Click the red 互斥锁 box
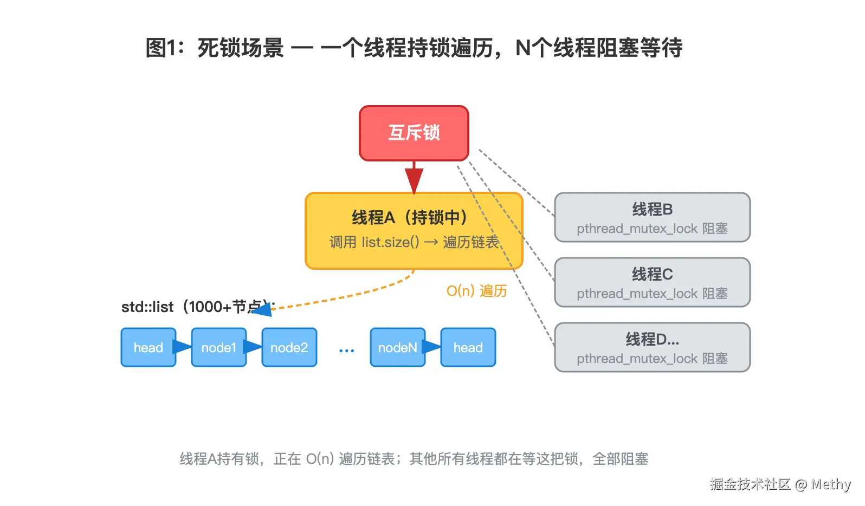click(414, 133)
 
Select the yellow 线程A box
click(414, 231)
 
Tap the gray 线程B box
click(652, 217)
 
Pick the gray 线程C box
click(652, 282)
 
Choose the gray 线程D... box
click(652, 347)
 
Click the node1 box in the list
click(219, 347)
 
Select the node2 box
click(289, 347)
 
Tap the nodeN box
click(398, 347)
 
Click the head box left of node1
click(149, 347)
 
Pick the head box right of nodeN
click(468, 347)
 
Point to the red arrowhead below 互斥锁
click(414, 180)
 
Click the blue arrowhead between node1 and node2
click(253, 347)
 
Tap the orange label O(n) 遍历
click(476, 290)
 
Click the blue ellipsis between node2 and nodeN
click(346, 351)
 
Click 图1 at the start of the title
click(162, 48)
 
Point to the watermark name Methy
click(831, 484)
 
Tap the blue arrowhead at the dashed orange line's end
click(262, 309)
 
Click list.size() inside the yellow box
click(390, 242)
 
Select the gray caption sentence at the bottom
click(414, 459)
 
